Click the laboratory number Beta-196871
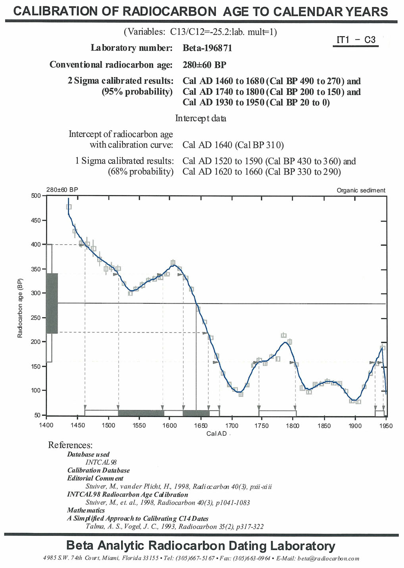pos(207,48)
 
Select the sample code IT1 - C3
pos(356,40)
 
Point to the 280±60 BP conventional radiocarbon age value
pos(204,65)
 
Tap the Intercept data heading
pos(201,118)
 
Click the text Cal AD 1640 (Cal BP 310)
pos(233,145)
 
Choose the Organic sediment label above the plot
pos(361,190)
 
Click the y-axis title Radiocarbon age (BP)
pos(20,308)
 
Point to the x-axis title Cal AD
pos(217,433)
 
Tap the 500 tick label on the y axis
pos(36,196)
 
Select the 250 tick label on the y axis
pos(36,318)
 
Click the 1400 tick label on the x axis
pos(46,426)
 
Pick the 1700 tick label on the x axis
pos(232,426)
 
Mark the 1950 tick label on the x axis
pos(386,426)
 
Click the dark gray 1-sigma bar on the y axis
pos(52,303)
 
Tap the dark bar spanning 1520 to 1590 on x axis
pos(141,413)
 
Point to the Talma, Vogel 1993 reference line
pos(174,527)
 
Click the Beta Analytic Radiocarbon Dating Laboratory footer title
pos(201,546)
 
